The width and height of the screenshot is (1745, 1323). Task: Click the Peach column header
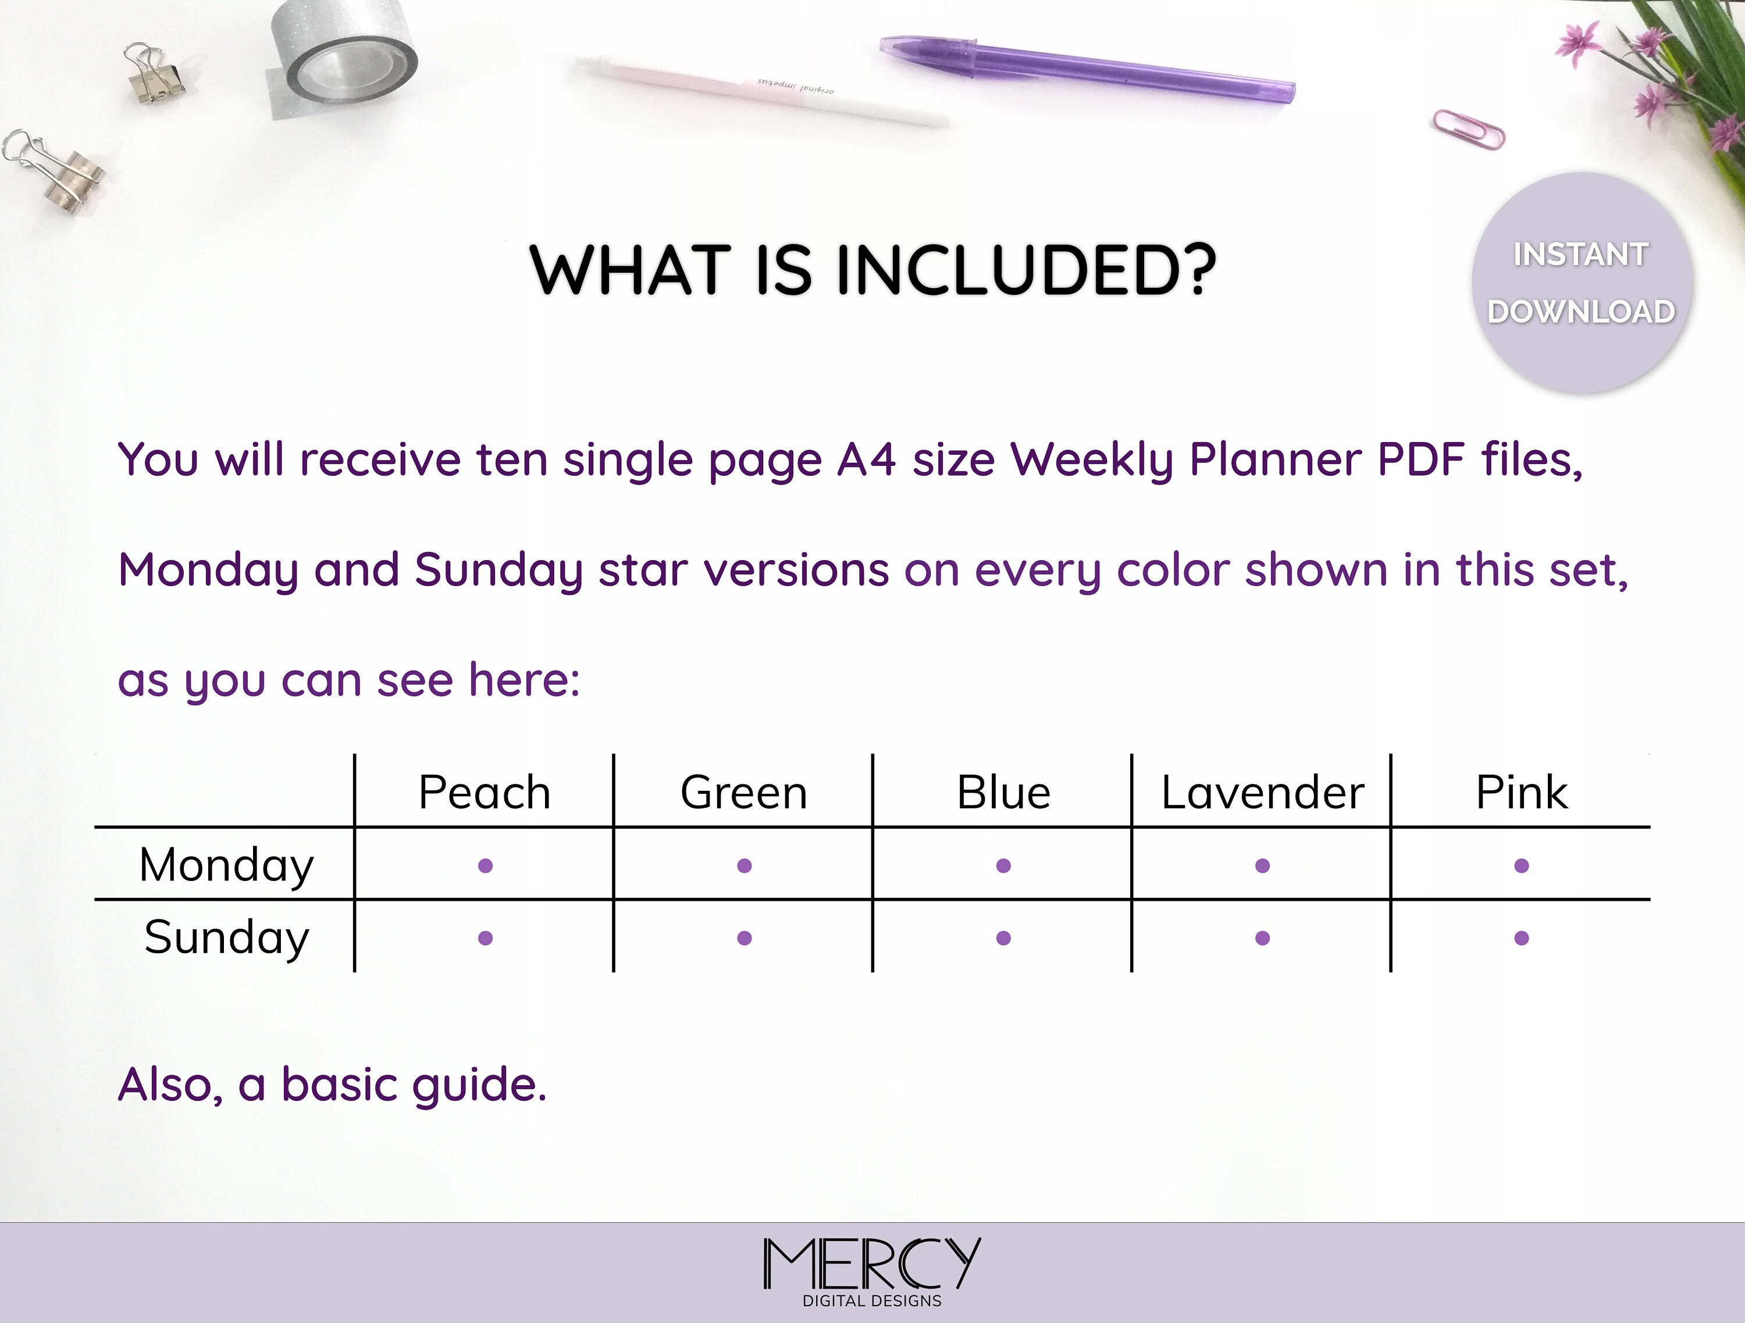point(485,792)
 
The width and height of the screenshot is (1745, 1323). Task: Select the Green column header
point(744,792)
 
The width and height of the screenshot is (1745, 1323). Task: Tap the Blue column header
point(1003,792)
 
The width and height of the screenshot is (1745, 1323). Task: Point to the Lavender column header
point(1262,792)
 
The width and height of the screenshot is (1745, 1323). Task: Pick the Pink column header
point(1522,792)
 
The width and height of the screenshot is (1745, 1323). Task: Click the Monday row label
point(226,865)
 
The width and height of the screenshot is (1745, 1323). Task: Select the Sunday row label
point(226,938)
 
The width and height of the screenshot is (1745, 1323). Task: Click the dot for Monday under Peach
point(485,865)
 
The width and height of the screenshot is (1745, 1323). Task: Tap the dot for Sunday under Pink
point(1522,938)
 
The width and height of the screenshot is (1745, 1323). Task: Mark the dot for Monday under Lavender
point(1262,865)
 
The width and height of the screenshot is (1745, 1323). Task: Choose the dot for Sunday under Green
point(744,938)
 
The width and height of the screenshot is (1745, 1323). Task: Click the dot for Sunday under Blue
point(1003,938)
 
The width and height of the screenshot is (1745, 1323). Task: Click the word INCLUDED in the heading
point(1025,270)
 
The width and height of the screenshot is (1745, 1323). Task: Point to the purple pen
point(1087,69)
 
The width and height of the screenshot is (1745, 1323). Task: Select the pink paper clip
point(1468,129)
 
